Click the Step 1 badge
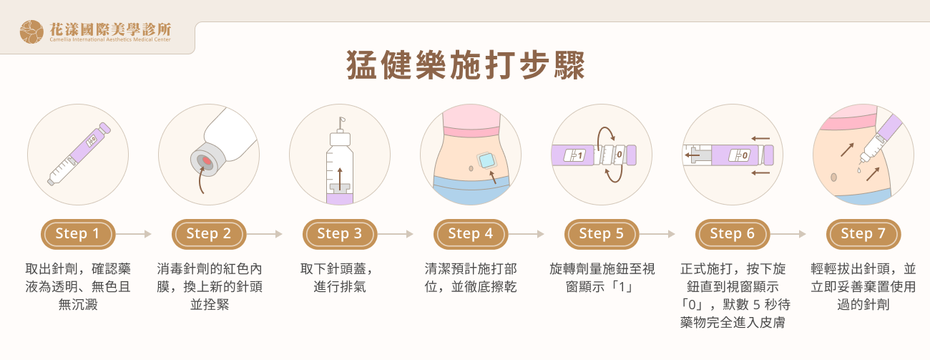77,234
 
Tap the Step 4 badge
470,234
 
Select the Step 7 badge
863,234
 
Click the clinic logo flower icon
31,31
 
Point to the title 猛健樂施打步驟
465,66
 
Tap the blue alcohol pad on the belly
488,160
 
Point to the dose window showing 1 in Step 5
575,155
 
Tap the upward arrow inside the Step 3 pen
340,176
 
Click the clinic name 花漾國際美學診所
110,29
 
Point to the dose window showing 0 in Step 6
739,155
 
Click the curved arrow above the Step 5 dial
607,134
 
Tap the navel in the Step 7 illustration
833,177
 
